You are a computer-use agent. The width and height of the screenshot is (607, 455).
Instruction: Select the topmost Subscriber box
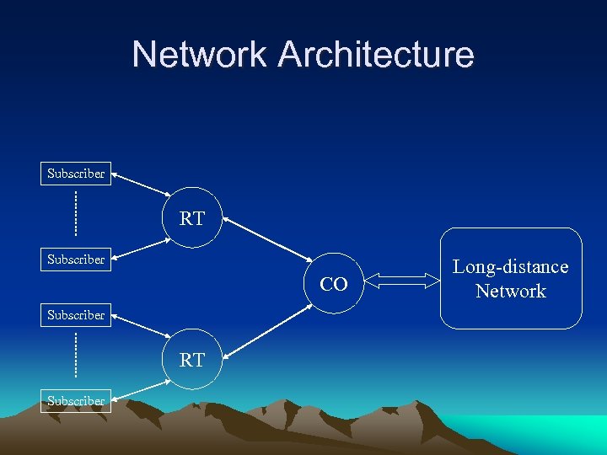[76, 174]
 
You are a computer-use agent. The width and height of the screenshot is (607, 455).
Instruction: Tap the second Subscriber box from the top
[76, 260]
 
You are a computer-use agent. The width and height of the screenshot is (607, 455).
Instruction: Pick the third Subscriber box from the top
[76, 315]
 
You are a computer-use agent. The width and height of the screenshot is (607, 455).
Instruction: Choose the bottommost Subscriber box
[76, 401]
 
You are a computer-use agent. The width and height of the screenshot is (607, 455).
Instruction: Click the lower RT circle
[192, 360]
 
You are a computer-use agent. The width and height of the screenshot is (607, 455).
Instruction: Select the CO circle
[334, 285]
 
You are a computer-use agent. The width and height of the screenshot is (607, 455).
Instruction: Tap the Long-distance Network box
[511, 278]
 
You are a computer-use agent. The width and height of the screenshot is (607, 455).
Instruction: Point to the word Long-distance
[511, 267]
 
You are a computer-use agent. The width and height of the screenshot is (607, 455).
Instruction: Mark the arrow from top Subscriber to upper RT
[141, 185]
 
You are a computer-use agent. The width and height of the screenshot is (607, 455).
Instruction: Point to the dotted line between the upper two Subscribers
[75, 214]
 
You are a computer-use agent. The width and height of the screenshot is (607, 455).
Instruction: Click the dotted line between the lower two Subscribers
[75, 355]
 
